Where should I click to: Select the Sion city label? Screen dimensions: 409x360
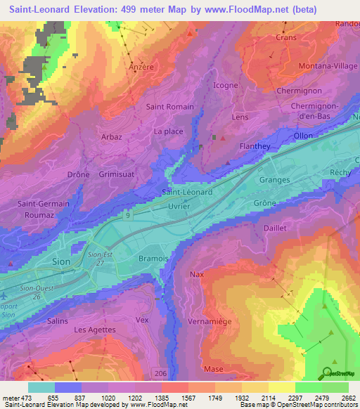[x=62, y=261]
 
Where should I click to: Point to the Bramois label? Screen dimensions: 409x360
[x=153, y=259]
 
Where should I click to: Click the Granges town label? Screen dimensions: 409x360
[x=274, y=180]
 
